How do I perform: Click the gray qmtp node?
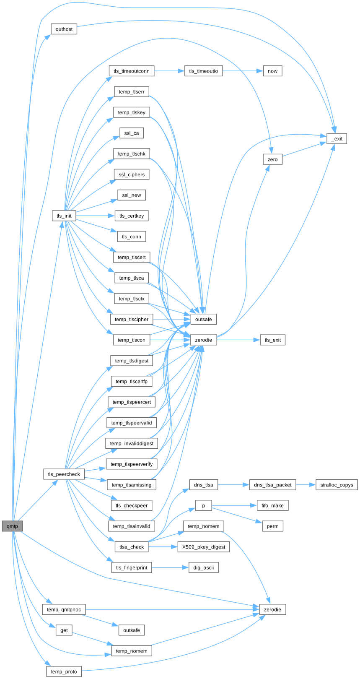[12, 526]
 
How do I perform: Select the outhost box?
[64, 29]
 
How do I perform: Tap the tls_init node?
[64, 216]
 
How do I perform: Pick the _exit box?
[337, 139]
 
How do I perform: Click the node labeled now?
[272, 71]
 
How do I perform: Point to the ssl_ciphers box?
[132, 174]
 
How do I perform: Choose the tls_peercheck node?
[64, 474]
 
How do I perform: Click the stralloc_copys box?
[337, 485]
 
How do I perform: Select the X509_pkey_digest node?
[204, 547]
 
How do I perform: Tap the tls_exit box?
[272, 340]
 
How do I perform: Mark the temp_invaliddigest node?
[132, 443]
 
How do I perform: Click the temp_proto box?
[64, 671]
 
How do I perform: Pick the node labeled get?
[64, 630]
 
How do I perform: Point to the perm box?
[272, 526]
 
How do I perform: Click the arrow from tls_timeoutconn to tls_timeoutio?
[169, 71]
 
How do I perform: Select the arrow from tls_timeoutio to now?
[243, 71]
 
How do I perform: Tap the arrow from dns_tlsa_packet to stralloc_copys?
[306, 485]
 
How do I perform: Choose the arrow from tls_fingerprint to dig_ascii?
[170, 567]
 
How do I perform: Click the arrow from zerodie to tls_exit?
[238, 340]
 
